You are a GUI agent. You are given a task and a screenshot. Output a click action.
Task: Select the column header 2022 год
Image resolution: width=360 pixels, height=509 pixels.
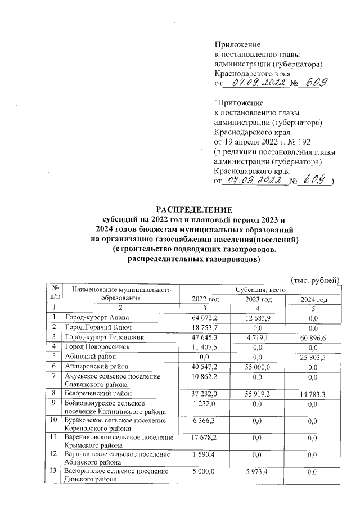205,299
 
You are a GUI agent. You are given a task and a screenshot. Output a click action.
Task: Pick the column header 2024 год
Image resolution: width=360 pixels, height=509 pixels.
314,299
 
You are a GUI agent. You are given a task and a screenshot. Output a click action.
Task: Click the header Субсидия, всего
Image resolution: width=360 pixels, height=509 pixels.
259,289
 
